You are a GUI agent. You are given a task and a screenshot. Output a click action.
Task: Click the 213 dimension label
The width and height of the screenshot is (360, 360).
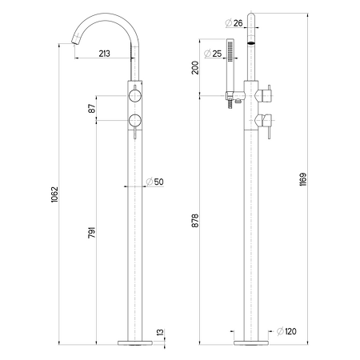pos(104,54)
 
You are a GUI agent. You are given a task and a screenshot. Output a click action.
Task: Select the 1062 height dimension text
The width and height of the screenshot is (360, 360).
pos(54,194)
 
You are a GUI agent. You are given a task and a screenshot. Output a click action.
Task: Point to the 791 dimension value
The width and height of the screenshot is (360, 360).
pos(92,233)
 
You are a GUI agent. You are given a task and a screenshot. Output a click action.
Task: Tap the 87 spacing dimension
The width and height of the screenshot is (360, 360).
pos(92,109)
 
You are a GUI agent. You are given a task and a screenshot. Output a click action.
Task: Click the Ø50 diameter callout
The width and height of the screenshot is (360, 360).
pos(155,182)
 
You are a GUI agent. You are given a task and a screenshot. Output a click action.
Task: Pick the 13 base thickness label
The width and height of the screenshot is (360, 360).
pos(160,332)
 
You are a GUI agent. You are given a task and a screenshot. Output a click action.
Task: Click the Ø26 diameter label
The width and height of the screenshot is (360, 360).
pos(234,23)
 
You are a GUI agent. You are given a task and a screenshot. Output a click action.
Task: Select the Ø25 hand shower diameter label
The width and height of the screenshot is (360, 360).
pos(213,54)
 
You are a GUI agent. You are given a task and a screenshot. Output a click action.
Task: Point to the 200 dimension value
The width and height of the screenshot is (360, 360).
pos(195,67)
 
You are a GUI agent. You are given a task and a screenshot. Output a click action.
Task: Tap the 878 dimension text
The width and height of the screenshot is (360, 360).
pos(195,221)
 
